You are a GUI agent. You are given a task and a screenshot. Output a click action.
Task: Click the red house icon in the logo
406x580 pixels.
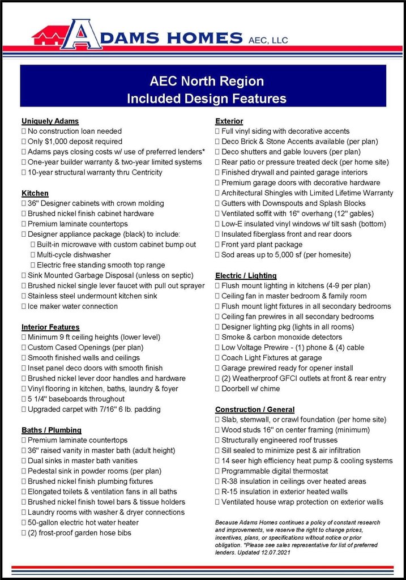48,36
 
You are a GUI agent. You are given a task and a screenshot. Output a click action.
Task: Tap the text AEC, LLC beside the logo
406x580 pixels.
268,40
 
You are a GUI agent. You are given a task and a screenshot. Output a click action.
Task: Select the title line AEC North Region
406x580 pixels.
207,81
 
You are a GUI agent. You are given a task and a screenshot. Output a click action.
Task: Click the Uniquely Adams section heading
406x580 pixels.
50,121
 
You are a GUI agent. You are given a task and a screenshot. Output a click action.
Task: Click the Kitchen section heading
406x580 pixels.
35,193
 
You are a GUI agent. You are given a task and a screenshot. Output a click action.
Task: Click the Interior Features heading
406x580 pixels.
50,327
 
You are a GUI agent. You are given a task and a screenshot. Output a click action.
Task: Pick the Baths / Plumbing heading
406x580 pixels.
52,430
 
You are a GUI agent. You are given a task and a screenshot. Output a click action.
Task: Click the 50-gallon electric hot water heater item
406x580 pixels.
83,523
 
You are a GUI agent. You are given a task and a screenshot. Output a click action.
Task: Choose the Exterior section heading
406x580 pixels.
229,121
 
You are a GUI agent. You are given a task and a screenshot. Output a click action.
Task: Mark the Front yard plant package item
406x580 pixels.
262,245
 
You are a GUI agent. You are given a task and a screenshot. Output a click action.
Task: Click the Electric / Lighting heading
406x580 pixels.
245,276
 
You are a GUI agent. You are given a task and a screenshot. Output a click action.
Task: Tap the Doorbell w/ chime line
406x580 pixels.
250,389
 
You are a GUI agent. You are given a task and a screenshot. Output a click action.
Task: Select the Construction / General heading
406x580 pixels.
255,410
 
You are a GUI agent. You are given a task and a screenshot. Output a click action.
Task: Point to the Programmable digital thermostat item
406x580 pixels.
275,471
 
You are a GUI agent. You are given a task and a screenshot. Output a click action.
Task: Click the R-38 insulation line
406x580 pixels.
293,481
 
